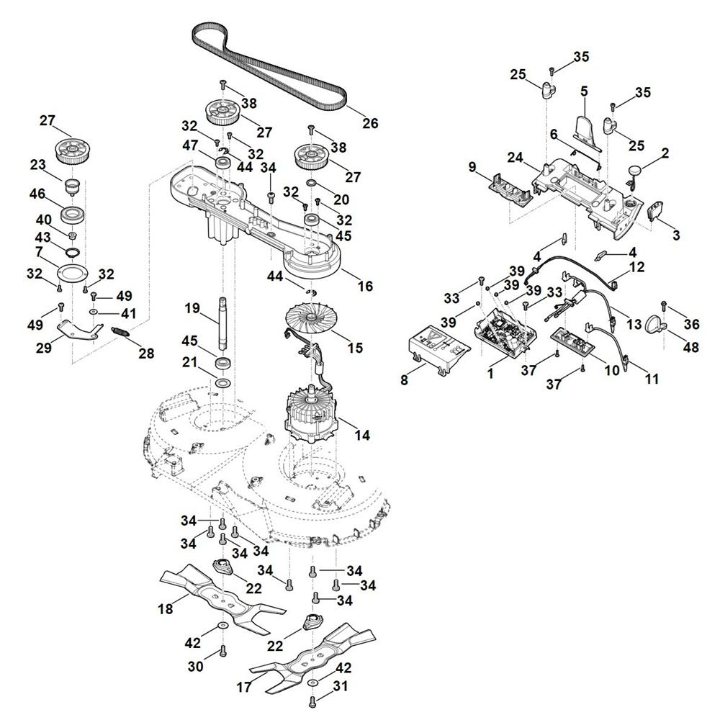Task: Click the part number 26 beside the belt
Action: click(369, 123)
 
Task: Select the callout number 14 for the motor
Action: click(362, 436)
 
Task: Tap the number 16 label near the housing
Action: click(365, 286)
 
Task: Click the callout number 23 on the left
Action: click(38, 165)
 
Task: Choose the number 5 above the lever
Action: click(584, 91)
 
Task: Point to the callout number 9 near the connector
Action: click(472, 168)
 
